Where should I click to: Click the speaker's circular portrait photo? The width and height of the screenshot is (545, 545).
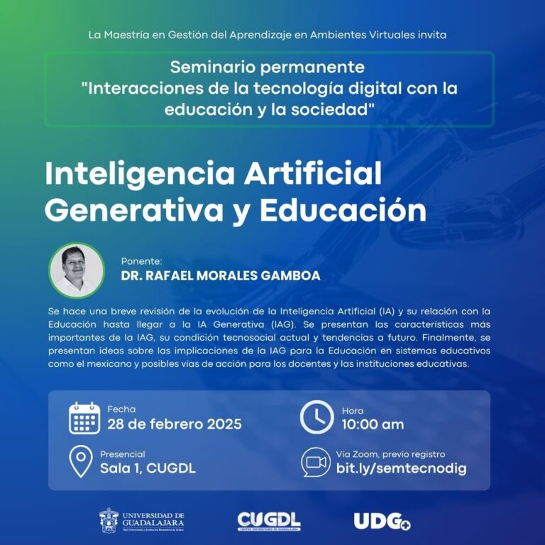[77, 270]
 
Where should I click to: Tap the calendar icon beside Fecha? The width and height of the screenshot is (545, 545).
[84, 418]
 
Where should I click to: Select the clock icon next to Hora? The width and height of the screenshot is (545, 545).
[316, 418]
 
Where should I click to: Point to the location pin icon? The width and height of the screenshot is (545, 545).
[81, 461]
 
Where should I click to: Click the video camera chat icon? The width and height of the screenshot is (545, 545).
[316, 462]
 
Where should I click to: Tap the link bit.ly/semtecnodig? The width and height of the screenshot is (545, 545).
[401, 468]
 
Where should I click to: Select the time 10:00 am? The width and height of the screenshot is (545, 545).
[373, 424]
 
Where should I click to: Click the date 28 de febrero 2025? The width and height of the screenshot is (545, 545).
[175, 424]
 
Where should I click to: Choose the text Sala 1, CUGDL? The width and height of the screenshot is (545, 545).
[148, 468]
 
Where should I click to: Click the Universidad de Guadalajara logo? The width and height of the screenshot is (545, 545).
[141, 520]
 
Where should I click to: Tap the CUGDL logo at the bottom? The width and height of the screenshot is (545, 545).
[269, 521]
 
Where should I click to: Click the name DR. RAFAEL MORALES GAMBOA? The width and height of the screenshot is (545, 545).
[220, 275]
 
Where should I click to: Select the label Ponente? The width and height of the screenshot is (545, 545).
[142, 260]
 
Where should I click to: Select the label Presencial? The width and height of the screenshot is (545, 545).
[122, 454]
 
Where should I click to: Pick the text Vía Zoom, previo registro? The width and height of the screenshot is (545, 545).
[390, 454]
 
